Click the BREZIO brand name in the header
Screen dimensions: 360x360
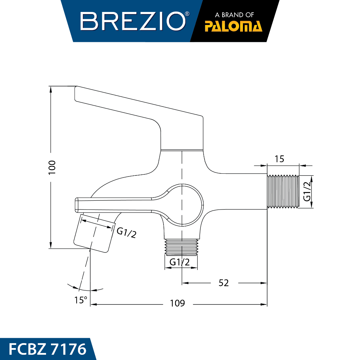tap(133, 21)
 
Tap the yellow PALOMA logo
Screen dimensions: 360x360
tap(233, 26)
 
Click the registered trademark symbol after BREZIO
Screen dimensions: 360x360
tap(187, 14)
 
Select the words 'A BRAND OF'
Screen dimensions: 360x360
tap(234, 15)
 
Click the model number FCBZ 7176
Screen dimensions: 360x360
tap(47, 349)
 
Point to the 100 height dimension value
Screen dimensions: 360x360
tap(52, 167)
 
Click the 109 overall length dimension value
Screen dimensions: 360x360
tap(177, 303)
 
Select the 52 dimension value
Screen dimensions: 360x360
tap(224, 283)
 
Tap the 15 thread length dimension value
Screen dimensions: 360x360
tap(279, 159)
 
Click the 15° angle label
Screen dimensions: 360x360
tap(81, 300)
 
